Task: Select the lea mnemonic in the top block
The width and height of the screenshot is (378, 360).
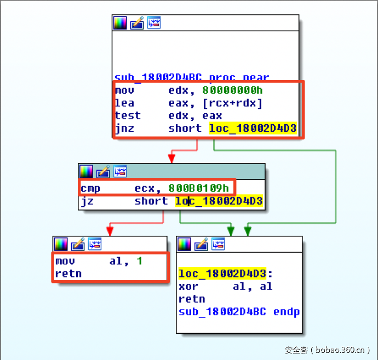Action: click(124, 103)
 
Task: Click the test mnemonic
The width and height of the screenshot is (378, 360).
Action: click(128, 115)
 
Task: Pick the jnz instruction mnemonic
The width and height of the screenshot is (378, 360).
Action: click(124, 128)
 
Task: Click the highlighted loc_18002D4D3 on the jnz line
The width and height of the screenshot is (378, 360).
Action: click(253, 128)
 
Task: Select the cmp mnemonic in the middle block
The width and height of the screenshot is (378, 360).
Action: click(90, 188)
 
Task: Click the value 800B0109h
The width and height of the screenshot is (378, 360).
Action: click(198, 188)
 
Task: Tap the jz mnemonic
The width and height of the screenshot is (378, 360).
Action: click(87, 201)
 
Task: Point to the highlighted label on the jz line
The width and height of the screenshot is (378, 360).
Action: click(219, 201)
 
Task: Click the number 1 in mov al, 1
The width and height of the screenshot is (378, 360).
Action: click(140, 261)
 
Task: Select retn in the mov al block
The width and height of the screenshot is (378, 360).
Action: click(68, 274)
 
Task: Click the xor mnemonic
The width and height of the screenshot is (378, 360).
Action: click(188, 286)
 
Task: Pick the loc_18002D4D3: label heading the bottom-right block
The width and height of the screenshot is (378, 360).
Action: click(222, 274)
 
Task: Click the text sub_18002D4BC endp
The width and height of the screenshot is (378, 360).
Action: click(239, 312)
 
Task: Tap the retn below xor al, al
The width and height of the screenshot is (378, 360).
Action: click(192, 299)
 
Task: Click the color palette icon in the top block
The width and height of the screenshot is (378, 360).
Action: click(120, 23)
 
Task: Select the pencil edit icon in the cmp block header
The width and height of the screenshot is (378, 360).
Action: click(103, 171)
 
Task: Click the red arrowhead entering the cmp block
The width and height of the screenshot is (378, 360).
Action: click(171, 159)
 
